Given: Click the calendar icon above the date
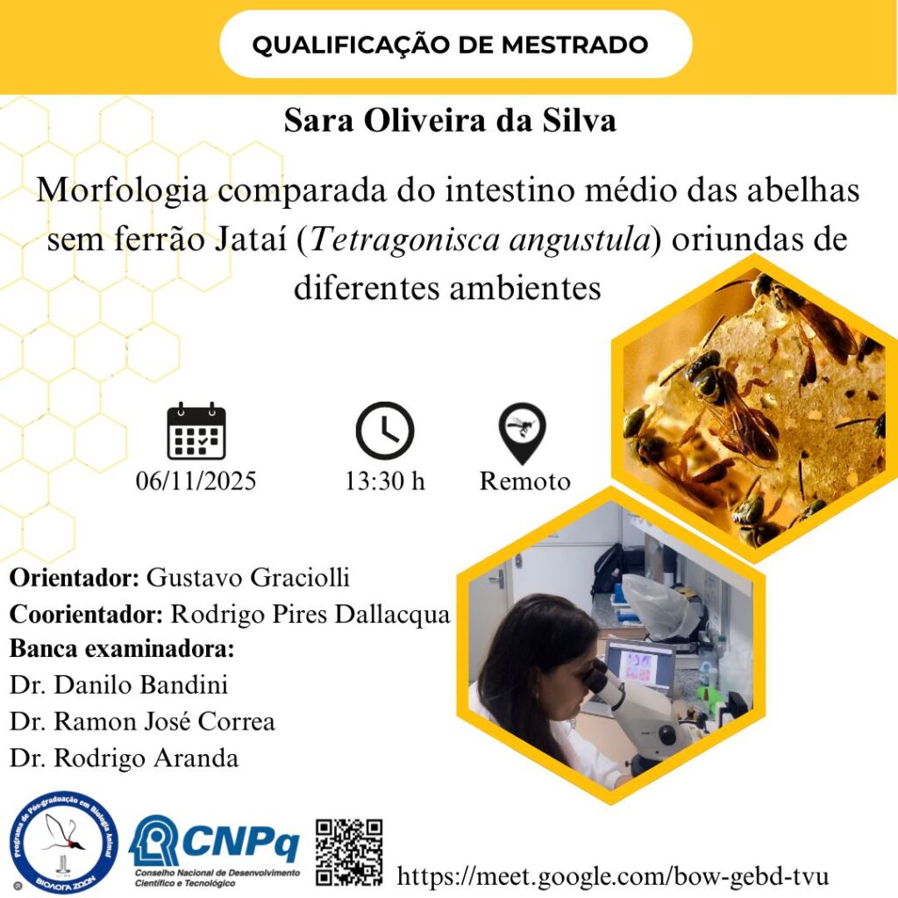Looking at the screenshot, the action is pos(196,431).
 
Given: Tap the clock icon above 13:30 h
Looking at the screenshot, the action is pos(385,431).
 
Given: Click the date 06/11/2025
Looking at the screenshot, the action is pos(196,481).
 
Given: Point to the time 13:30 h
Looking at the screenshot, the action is pos(385,481).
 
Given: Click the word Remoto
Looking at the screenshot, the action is pos(525,481).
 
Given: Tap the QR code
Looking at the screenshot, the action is pos(349,852).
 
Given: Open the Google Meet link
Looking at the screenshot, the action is pos(613,877).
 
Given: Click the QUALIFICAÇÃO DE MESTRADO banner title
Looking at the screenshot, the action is pos(450,45).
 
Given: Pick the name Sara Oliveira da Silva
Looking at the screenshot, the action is pos(450,121).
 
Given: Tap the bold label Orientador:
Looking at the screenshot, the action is pos(75,578).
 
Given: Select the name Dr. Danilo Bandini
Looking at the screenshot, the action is pos(118,685).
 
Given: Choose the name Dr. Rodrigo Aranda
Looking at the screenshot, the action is pos(124,759).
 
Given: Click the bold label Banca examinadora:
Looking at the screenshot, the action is pos(122,649).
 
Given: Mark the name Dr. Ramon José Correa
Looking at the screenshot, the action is pos(142,722).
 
